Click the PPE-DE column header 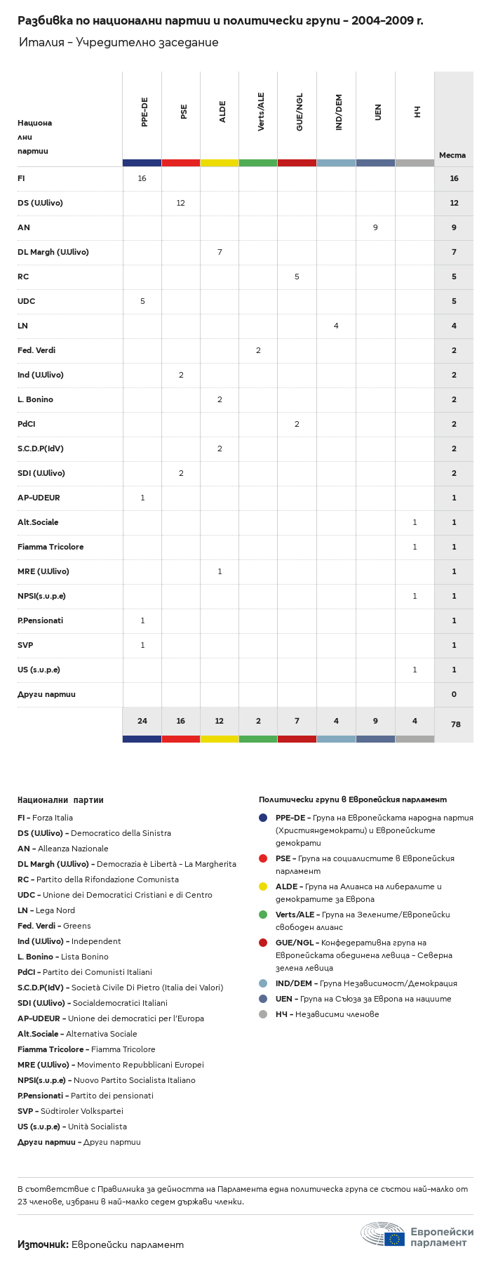click(144, 112)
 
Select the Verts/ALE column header click(261, 112)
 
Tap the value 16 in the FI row click(142, 178)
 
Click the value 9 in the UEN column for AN click(375, 227)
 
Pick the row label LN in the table click(22, 326)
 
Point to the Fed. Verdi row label click(36, 350)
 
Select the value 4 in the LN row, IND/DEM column click(336, 326)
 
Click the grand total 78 click(455, 724)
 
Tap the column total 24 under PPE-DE click(142, 721)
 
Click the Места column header click(452, 155)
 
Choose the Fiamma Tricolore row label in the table click(51, 547)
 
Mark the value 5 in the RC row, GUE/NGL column click(297, 277)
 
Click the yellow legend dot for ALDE click(263, 886)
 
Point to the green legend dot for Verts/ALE click(263, 915)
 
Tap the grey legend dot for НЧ click(263, 1014)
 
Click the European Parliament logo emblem click(383, 1233)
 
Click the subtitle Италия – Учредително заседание click(119, 43)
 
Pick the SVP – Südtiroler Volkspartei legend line click(70, 1111)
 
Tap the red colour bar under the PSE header click(181, 163)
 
